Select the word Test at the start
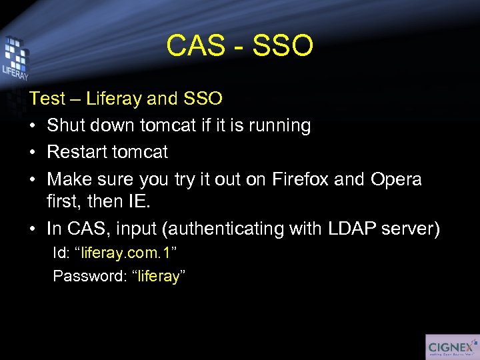pos(47,99)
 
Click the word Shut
pos(66,125)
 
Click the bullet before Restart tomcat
pos(33,153)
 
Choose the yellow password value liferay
pos(159,276)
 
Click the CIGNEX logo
pos(451,347)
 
